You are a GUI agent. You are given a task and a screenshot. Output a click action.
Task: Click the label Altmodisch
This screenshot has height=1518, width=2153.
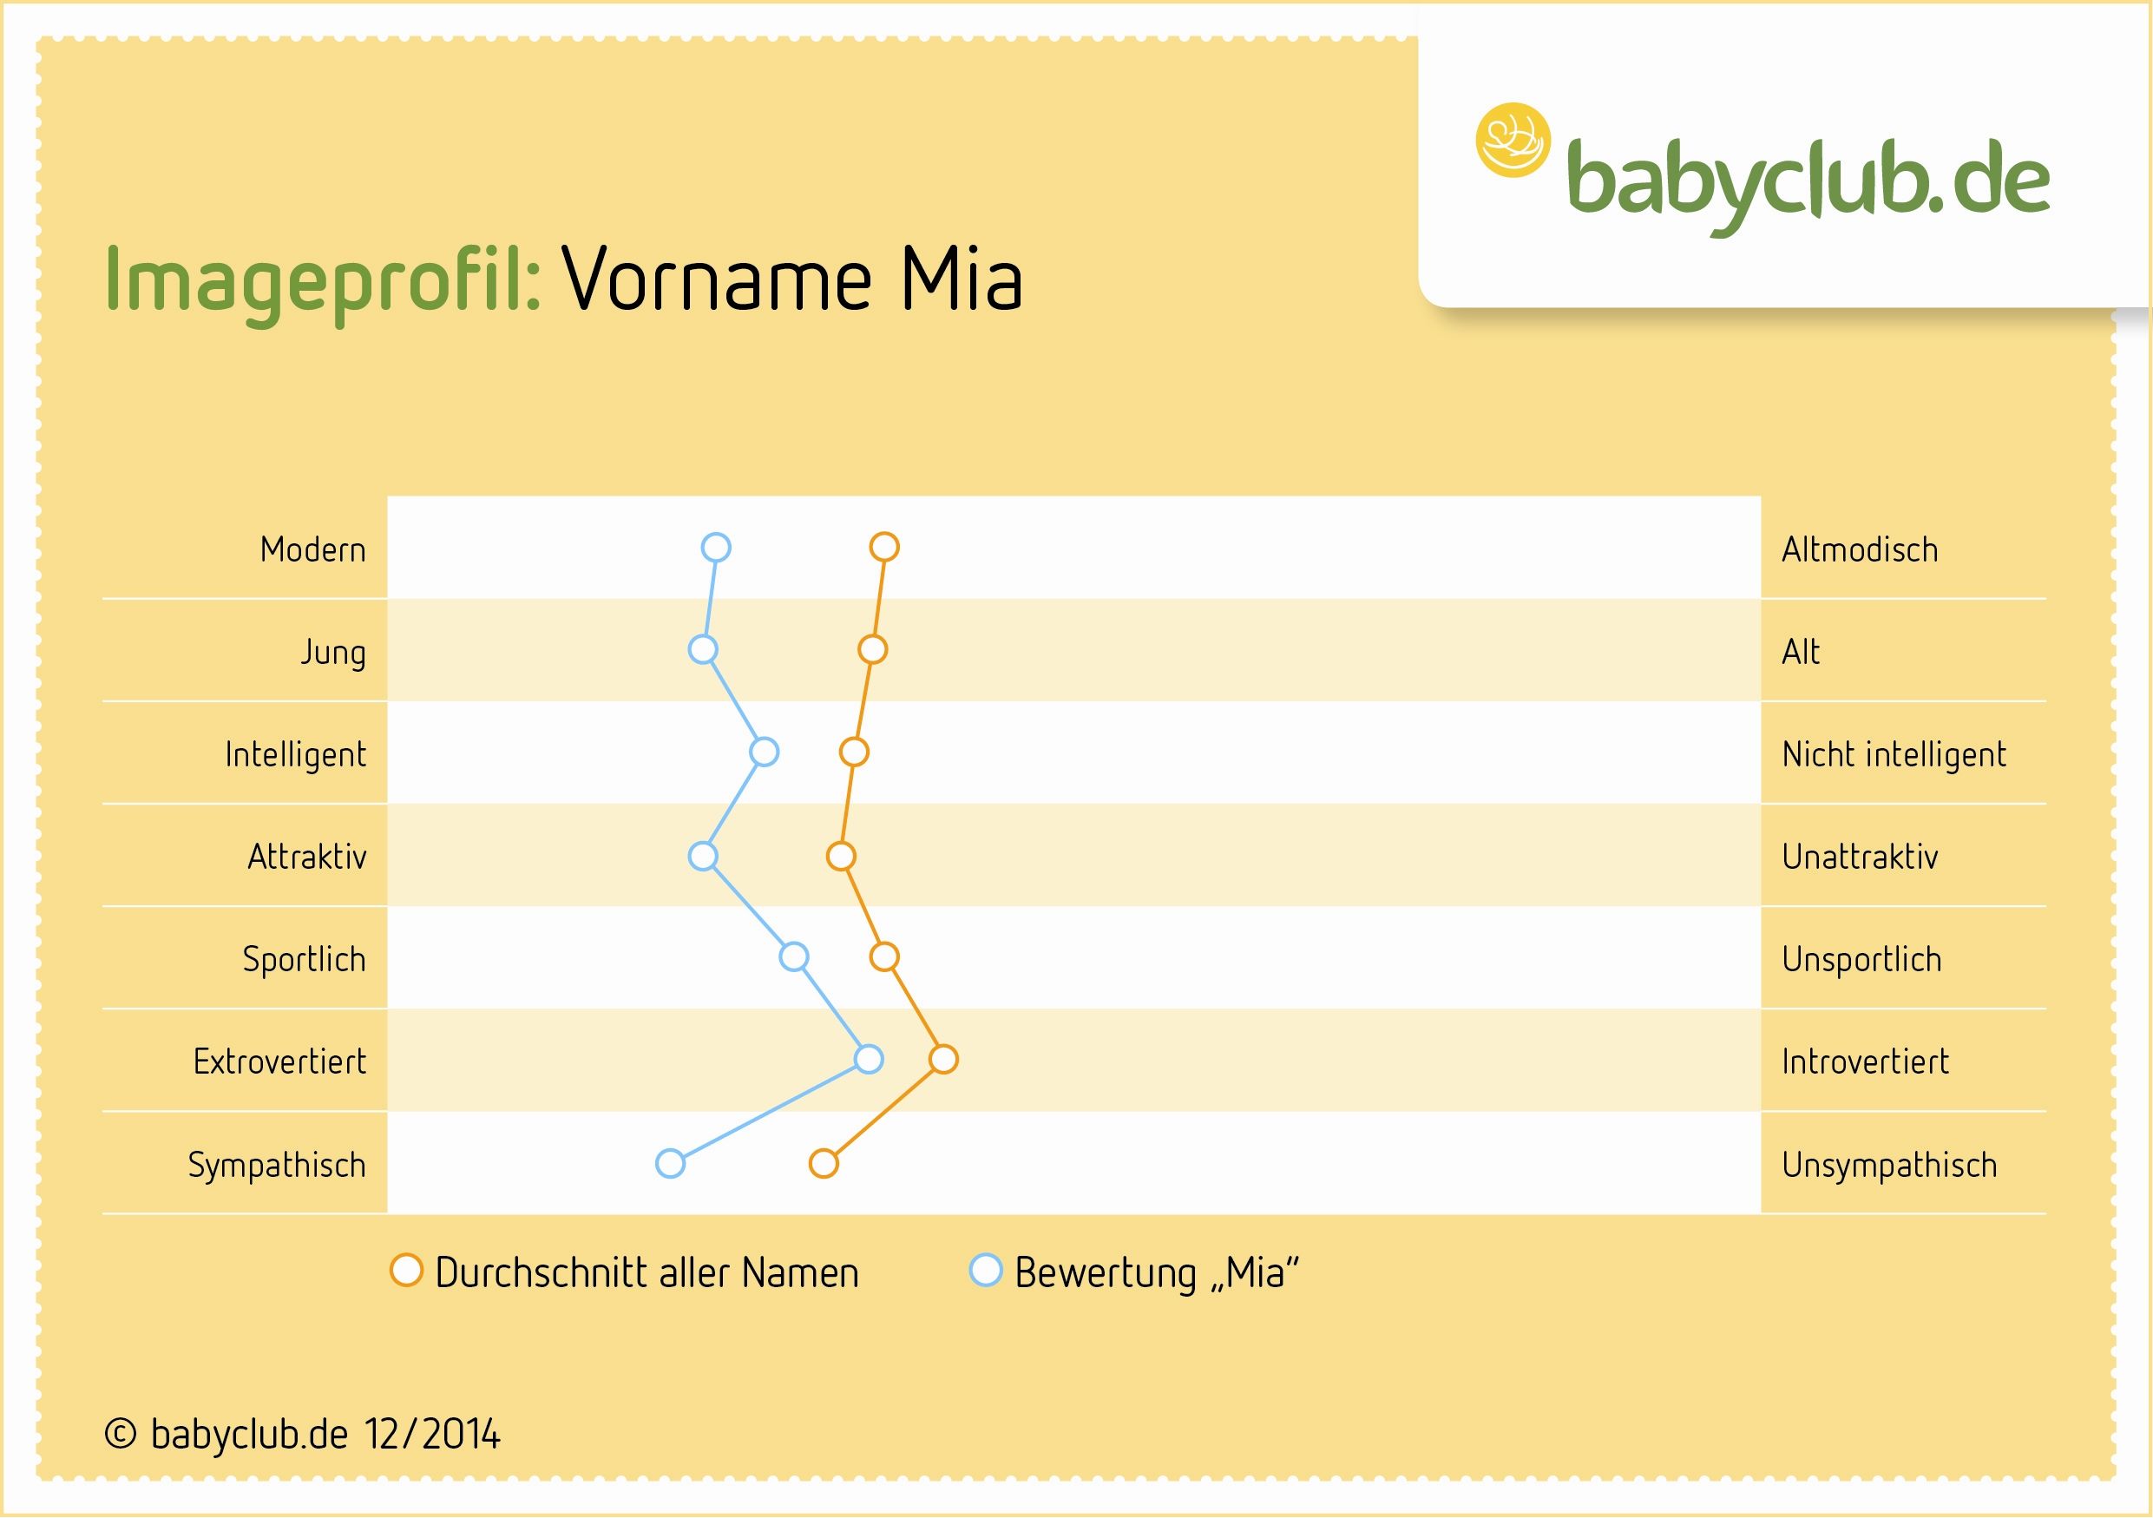[x=1860, y=549]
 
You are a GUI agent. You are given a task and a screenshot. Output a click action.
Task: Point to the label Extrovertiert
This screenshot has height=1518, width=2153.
[x=279, y=1061]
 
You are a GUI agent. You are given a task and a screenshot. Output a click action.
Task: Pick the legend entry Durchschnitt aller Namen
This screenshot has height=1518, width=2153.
[x=625, y=1272]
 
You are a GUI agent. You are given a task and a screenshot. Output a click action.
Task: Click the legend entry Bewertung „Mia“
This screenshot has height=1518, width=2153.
[x=1134, y=1272]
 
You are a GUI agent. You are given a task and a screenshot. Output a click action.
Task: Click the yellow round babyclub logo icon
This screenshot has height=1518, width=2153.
[x=1513, y=140]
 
